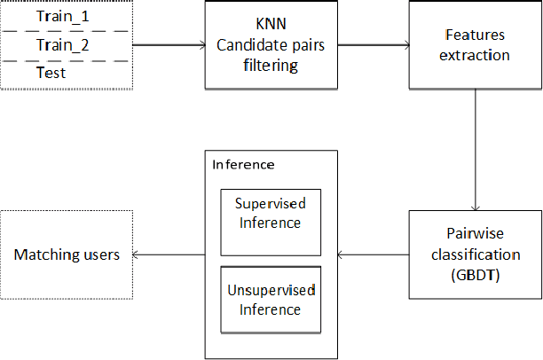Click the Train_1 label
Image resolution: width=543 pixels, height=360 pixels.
tap(62, 16)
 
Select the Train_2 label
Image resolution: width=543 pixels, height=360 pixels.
tap(62, 44)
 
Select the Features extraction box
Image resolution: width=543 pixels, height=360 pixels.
tap(475, 44)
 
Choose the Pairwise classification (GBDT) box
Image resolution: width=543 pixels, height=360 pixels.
tap(475, 254)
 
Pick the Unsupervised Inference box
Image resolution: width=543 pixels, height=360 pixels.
tap(271, 301)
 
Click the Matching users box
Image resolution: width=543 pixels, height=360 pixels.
tap(67, 254)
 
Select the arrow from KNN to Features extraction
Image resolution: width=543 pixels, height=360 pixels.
tap(373, 44)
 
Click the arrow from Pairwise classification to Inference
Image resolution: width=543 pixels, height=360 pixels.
tap(374, 254)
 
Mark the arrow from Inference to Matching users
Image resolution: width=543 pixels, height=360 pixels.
tap(169, 254)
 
